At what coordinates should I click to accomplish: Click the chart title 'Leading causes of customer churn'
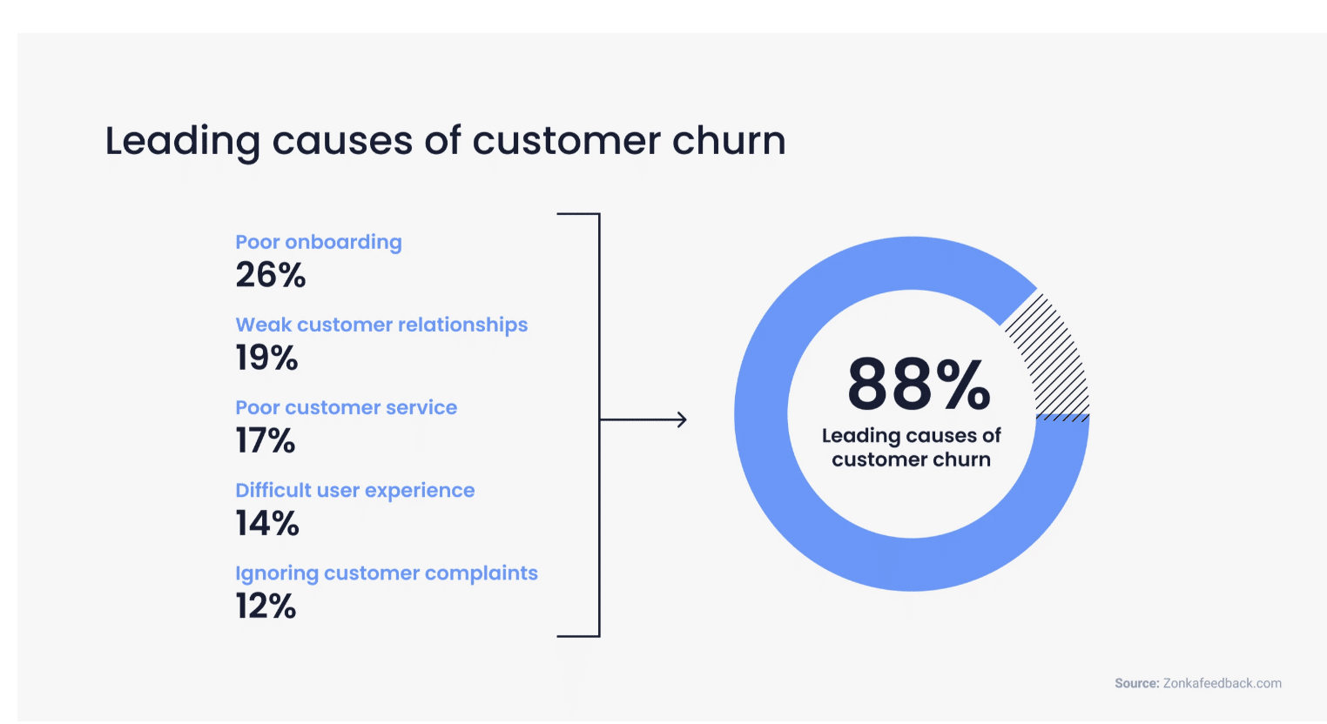[x=445, y=141]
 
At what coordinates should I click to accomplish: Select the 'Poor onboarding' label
[x=319, y=242]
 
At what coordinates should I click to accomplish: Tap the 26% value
[x=271, y=275]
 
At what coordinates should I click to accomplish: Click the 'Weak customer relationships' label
[x=381, y=325]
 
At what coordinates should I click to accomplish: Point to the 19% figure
[x=266, y=358]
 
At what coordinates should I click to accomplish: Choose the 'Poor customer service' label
[x=346, y=407]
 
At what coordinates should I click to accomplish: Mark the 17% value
[x=266, y=440]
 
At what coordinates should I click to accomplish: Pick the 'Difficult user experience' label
[x=355, y=490]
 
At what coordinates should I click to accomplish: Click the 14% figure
[x=267, y=523]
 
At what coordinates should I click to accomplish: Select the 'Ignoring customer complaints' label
[x=387, y=573]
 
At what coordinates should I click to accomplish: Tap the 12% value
[x=266, y=606]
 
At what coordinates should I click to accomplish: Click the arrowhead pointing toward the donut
[x=682, y=420]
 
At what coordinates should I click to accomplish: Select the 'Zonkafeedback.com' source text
[x=1223, y=683]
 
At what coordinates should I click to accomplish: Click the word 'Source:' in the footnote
[x=1137, y=683]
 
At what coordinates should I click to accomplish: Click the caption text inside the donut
[x=911, y=447]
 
